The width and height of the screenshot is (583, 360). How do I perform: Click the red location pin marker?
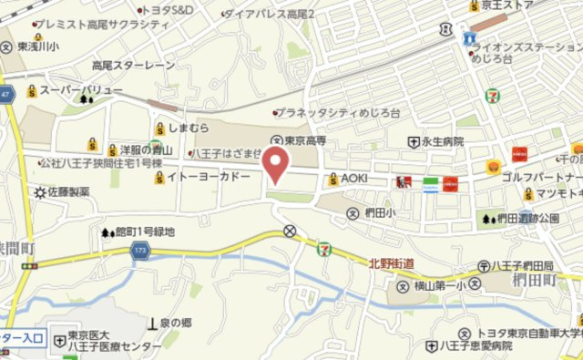coord(276,165)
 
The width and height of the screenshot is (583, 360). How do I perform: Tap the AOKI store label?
coord(353,179)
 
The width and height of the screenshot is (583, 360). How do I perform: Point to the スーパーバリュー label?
coord(81,90)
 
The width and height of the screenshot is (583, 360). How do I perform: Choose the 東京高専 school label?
coord(306,141)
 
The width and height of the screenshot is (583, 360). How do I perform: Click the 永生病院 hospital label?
coord(442,142)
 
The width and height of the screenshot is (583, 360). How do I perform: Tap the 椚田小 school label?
coord(378,213)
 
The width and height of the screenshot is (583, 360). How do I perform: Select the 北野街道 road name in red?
coord(392,262)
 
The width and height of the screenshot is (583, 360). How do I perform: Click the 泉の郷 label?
coord(174,323)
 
